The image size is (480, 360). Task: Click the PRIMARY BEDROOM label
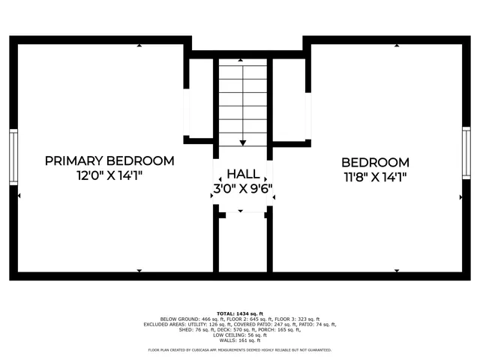pos(109,160)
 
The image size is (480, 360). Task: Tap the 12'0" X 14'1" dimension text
pos(109,175)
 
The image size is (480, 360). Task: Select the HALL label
pos(243,173)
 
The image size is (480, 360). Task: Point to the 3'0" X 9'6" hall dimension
pos(243,189)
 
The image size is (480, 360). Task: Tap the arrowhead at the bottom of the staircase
pos(243,142)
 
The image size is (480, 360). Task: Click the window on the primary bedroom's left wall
pos(13,157)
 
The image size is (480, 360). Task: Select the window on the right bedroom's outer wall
pos(466,153)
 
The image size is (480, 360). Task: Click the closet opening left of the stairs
pos(187,112)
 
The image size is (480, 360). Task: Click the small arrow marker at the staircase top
pos(241,60)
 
